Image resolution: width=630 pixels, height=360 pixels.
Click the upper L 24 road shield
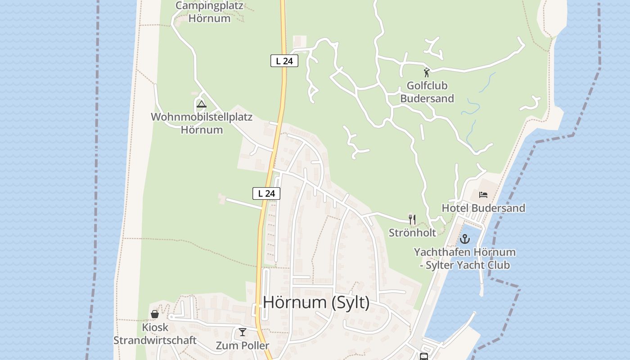coord(284,61)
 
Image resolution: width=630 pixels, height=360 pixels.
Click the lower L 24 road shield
coord(266,193)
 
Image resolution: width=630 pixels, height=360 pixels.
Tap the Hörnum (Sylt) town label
coord(316,302)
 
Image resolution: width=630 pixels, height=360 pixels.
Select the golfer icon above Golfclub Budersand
coord(427,72)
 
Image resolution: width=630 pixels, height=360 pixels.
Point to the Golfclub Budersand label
coord(427,92)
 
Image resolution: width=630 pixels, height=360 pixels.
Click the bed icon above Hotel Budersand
coord(483,195)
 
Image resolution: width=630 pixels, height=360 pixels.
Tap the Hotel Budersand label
coord(483,208)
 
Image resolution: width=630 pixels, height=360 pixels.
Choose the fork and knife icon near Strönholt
coord(412,219)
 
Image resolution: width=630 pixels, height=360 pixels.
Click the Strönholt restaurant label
coord(412,233)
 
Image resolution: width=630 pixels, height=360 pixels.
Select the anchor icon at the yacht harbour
coord(464,239)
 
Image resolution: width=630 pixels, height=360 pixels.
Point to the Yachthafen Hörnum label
coord(464,252)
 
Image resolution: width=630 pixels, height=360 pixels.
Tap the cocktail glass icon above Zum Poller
coord(243,332)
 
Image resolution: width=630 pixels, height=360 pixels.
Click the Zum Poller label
coord(242,346)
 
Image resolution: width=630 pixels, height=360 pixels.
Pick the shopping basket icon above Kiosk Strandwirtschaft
coord(155,314)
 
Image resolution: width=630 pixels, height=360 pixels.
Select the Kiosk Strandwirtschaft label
coord(155,333)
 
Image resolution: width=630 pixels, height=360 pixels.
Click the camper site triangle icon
coord(202,104)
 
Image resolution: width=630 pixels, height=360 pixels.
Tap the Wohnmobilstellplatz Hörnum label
coord(202,123)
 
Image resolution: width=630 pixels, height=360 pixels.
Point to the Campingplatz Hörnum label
coord(209,12)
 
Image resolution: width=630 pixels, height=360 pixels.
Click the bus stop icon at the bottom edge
coord(423,356)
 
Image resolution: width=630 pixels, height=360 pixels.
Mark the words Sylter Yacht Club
coord(468,265)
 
